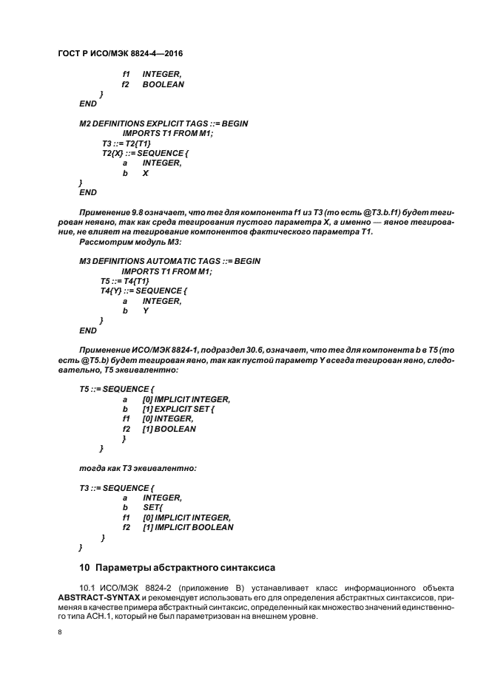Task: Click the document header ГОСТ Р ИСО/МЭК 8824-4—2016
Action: tap(120, 55)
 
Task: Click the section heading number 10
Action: tap(84, 568)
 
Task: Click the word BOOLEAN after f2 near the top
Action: tap(163, 85)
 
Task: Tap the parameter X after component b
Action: tap(146, 172)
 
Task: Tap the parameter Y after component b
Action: tap(146, 311)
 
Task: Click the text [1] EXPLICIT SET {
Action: tap(178, 409)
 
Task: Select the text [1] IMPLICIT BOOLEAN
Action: tap(188, 527)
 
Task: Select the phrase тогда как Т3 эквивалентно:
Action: tap(138, 468)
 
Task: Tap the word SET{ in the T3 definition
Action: tap(153, 508)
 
